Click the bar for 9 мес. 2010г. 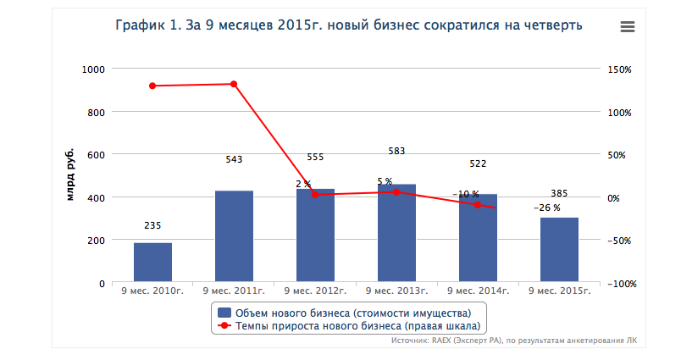tap(152, 263)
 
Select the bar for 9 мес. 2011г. tap(234, 237)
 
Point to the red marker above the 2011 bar tap(234, 84)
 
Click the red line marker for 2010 tap(152, 86)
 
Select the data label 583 tap(396, 151)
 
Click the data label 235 tap(152, 225)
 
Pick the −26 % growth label tap(546, 207)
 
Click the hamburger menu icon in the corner tap(628, 26)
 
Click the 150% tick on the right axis tap(621, 69)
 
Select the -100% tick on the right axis tap(623, 284)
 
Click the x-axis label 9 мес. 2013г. tap(396, 292)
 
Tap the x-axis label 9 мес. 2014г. tap(478, 292)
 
